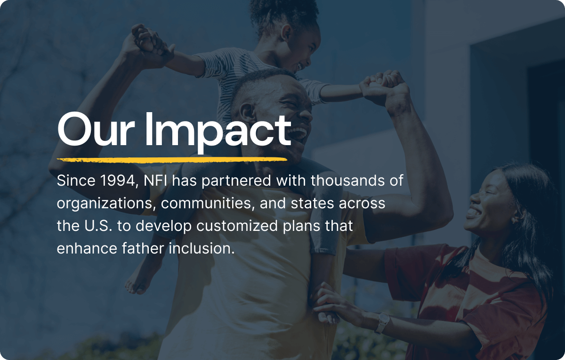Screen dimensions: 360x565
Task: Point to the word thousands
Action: (x=343, y=180)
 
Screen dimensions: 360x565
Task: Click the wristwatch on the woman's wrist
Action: (x=383, y=322)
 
